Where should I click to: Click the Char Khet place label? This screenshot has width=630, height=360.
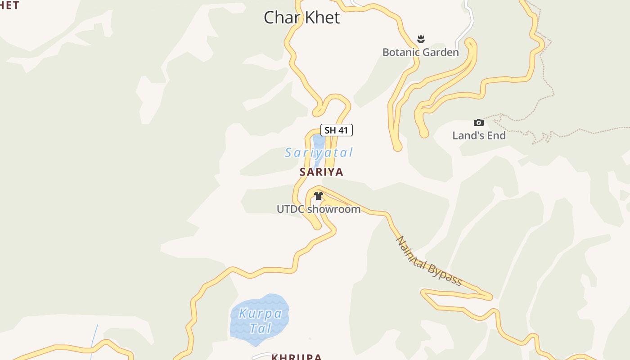pyautogui.click(x=301, y=18)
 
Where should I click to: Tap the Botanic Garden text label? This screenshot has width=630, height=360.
pyautogui.click(x=420, y=52)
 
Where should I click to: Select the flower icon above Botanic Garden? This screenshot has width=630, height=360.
pyautogui.click(x=421, y=39)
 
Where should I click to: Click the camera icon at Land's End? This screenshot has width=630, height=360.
pyautogui.click(x=479, y=122)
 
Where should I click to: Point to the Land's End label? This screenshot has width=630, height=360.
pyautogui.click(x=479, y=135)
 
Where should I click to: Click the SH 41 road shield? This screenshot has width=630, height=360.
pyautogui.click(x=336, y=130)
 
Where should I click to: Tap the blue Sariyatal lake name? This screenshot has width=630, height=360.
pyautogui.click(x=319, y=153)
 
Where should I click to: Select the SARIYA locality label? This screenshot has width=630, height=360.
pyautogui.click(x=321, y=171)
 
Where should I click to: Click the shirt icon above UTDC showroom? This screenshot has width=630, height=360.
pyautogui.click(x=319, y=196)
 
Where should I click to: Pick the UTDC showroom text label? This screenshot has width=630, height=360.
pyautogui.click(x=318, y=209)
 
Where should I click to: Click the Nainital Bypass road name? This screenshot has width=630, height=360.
pyautogui.click(x=428, y=261)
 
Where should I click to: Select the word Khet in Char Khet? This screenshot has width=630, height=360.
pyautogui.click(x=321, y=18)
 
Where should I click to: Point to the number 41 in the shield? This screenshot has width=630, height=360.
pyautogui.click(x=343, y=130)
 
